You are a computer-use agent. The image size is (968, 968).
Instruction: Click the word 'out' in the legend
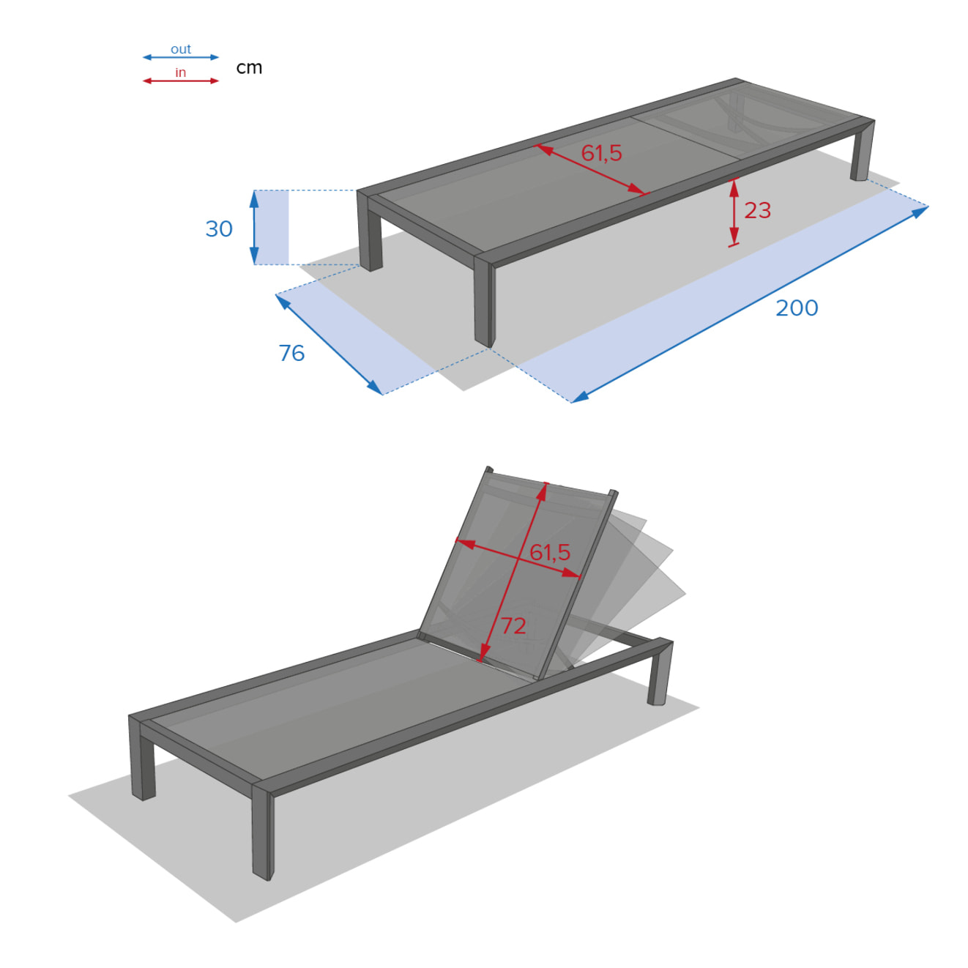click(x=180, y=49)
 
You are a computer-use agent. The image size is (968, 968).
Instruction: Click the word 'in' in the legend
click(x=180, y=72)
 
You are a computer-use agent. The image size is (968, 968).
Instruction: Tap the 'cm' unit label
click(x=249, y=67)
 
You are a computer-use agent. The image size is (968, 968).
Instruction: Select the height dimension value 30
click(x=219, y=228)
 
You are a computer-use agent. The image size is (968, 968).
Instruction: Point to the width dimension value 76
click(x=291, y=353)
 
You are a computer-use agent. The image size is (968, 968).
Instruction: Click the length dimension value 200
click(x=797, y=308)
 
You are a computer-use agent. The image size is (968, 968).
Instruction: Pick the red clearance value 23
click(x=758, y=210)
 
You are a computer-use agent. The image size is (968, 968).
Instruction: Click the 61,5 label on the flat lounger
click(x=601, y=153)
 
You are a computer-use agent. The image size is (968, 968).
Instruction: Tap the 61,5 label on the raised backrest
click(x=550, y=552)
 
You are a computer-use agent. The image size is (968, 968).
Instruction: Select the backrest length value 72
click(x=513, y=625)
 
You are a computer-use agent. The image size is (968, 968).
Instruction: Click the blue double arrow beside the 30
click(x=255, y=227)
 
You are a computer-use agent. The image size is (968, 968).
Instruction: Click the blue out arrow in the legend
click(x=180, y=57)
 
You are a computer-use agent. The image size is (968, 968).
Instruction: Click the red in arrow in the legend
click(x=180, y=81)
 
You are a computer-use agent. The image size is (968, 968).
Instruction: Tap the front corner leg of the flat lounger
click(x=485, y=304)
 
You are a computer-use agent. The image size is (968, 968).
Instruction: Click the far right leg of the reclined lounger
click(x=659, y=674)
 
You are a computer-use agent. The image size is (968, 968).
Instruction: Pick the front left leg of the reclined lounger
click(x=142, y=762)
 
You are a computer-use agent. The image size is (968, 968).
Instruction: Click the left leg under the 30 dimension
click(x=370, y=234)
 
